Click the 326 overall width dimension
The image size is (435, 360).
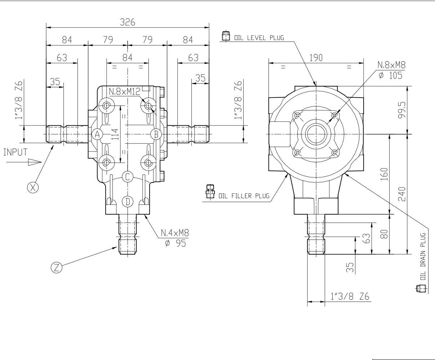tap(128, 22)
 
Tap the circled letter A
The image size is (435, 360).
tap(97, 135)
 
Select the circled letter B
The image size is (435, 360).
tap(156, 134)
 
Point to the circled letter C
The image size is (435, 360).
tap(128, 177)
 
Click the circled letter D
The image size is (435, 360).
tap(128, 202)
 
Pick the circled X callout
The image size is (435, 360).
tap(33, 188)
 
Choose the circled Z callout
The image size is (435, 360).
tap(57, 268)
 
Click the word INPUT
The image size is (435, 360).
tap(15, 152)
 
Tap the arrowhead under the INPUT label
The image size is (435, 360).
tap(35, 162)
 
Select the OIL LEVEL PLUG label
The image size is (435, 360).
tap(259, 38)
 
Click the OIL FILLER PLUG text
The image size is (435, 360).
tap(244, 196)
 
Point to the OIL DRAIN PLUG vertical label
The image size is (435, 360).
tap(423, 256)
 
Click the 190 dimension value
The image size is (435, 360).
tap(316, 58)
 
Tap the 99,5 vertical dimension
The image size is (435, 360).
tap(402, 110)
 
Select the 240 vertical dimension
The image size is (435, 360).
tap(402, 194)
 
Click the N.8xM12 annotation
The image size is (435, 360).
tap(124, 92)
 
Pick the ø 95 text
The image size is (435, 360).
tap(176, 243)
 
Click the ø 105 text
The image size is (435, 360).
tap(390, 75)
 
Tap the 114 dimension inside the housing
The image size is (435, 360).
tap(115, 134)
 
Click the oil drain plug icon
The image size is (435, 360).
tap(421, 289)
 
